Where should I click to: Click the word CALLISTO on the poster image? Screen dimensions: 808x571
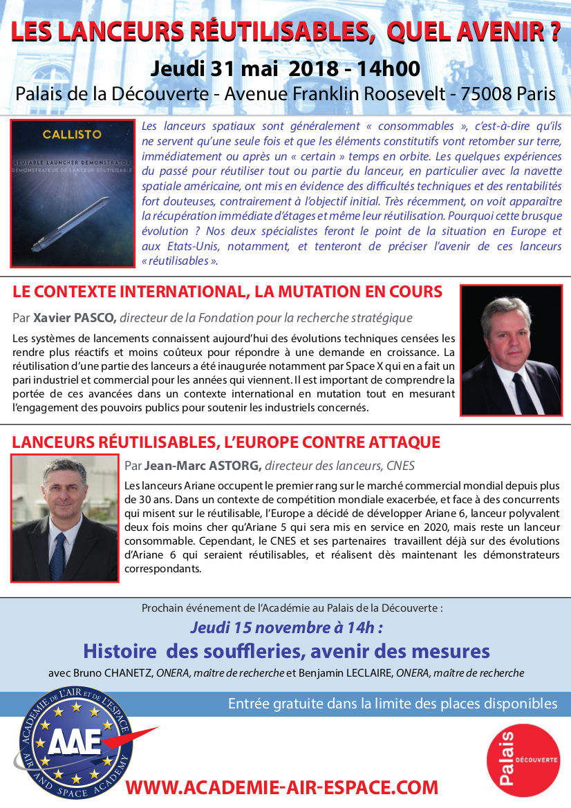[71, 133]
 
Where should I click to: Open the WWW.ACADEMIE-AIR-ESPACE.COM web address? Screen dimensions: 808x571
[282, 787]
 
